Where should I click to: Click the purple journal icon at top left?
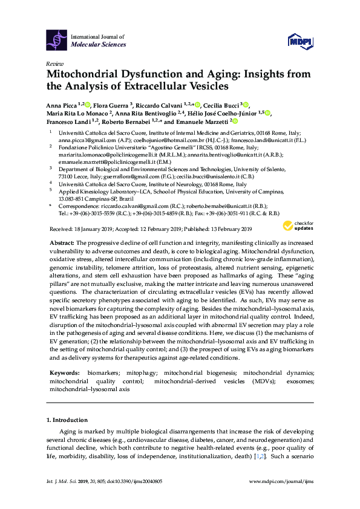click(x=56, y=41)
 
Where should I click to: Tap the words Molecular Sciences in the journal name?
click(x=99, y=45)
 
